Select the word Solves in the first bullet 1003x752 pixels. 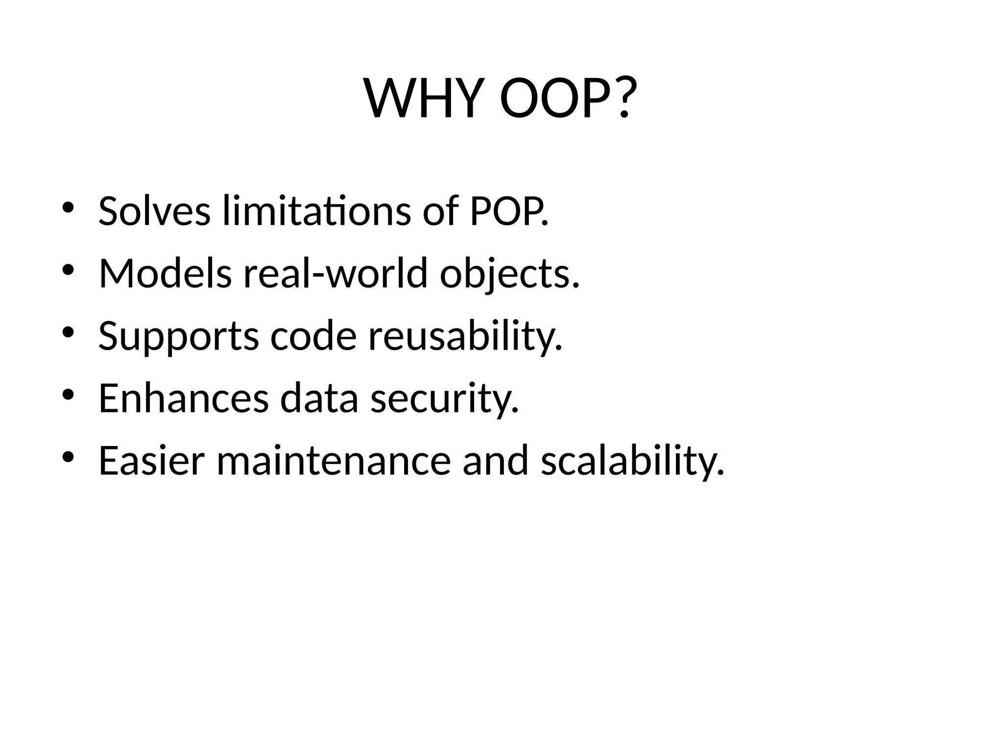[154, 211]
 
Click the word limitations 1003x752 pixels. [316, 211]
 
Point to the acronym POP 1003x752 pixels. [508, 211]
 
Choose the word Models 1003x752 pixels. [165, 274]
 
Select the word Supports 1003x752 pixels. [178, 337]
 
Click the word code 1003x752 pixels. [313, 336]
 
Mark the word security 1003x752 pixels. [444, 399]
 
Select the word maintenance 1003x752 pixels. [334, 461]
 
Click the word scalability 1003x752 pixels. [632, 462]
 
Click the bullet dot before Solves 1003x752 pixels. [68, 208]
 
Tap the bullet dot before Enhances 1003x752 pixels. [68, 395]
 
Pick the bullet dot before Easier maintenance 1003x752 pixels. [68, 457]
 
